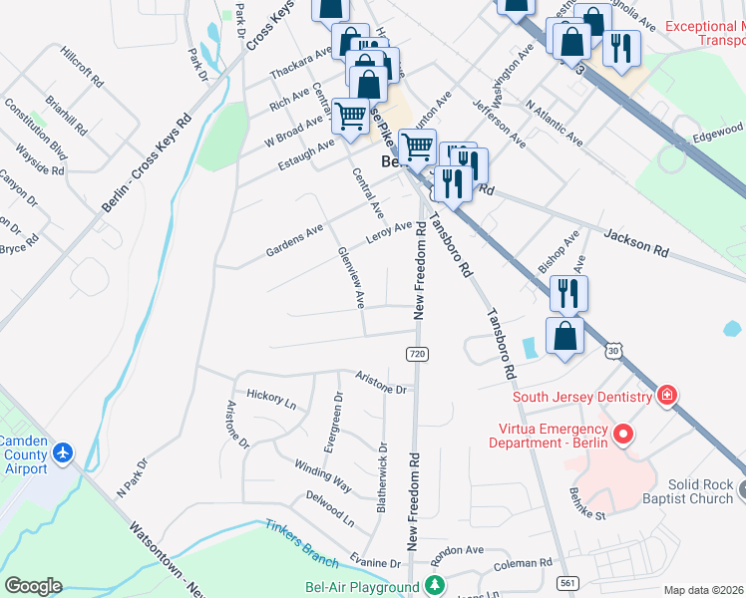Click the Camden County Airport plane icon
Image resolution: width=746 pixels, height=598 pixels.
coord(64,453)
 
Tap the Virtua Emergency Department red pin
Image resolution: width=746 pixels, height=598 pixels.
coord(624,435)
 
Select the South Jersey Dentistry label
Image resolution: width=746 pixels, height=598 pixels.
coord(582,397)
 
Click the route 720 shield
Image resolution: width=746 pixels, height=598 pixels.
coord(417,355)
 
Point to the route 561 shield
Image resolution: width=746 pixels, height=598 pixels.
coord(568,583)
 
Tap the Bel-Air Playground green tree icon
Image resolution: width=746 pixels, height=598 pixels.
coord(434,585)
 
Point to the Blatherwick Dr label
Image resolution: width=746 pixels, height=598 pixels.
coord(383,477)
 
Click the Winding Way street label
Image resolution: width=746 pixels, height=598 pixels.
coord(322,475)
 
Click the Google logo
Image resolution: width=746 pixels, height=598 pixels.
coord(33,586)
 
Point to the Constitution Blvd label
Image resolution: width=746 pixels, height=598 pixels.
coord(35,129)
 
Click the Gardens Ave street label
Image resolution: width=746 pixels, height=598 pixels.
coord(294,241)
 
